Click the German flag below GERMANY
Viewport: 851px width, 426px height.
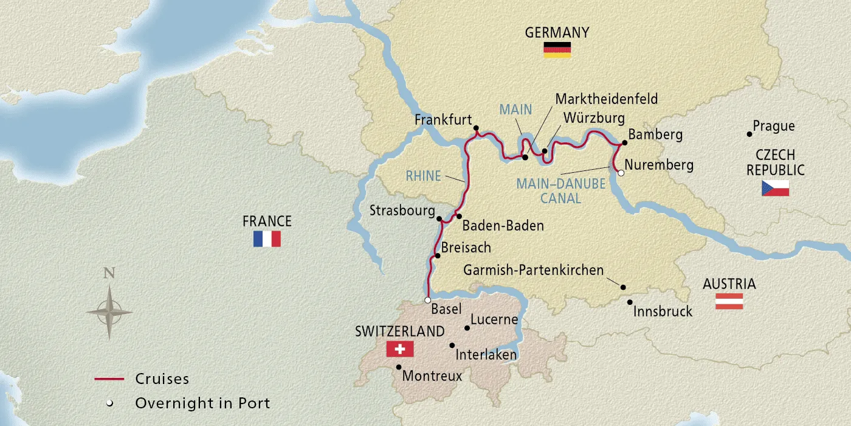pos(557,51)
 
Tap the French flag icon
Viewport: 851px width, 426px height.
pos(267,239)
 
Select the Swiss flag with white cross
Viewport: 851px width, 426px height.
pos(399,349)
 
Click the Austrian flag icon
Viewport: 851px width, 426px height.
pos(729,301)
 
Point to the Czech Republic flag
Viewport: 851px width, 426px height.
pos(775,188)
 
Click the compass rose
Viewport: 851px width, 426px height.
pos(109,312)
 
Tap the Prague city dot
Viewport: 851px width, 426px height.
pos(749,134)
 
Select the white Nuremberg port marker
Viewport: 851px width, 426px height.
pos(621,173)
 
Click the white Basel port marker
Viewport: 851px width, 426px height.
pos(427,300)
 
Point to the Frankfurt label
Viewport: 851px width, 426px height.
pos(443,120)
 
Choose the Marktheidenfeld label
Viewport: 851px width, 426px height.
pos(607,99)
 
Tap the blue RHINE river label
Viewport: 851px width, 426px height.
pos(423,176)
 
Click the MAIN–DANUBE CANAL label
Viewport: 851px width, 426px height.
pos(560,190)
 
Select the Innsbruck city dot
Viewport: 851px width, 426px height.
pos(630,302)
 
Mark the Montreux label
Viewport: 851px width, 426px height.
pos(432,376)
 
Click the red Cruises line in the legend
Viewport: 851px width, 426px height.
pos(109,379)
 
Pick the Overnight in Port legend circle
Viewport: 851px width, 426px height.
pos(109,403)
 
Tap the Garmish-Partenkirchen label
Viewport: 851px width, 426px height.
pos(533,270)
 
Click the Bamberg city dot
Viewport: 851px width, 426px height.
pos(624,143)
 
